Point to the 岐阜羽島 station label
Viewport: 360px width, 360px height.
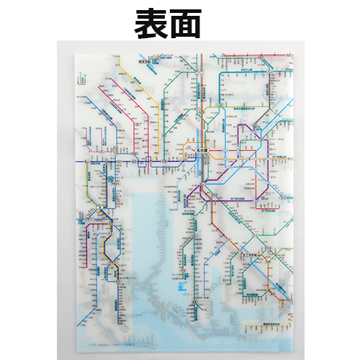[x=149, y=153]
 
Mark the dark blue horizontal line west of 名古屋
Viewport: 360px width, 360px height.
[x=108, y=165]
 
